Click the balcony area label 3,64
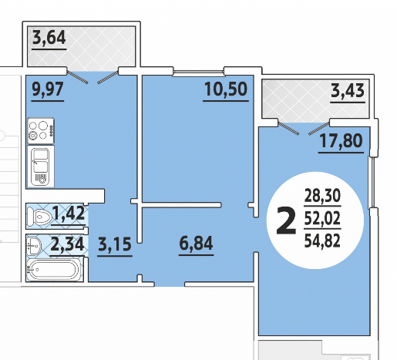pos(49,38)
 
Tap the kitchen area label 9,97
pos(48,89)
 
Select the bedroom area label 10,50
pos(226,89)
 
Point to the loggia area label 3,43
pos(348,91)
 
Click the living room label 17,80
pos(341,141)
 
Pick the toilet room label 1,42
pos(69,213)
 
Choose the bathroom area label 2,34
pos(67,244)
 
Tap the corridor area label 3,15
pos(115,244)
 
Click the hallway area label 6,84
pos(196,243)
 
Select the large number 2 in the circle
pos(286,221)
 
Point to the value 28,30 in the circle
pos(322,196)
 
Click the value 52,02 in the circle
pos(322,218)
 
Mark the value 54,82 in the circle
pos(322,241)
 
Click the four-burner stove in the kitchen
pos(41,131)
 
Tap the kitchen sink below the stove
pos(41,167)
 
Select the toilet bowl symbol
pos(39,217)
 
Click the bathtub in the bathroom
pos(53,269)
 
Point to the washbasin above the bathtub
pos(34,245)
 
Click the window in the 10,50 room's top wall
pos(198,72)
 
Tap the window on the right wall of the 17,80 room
pos(372,182)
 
